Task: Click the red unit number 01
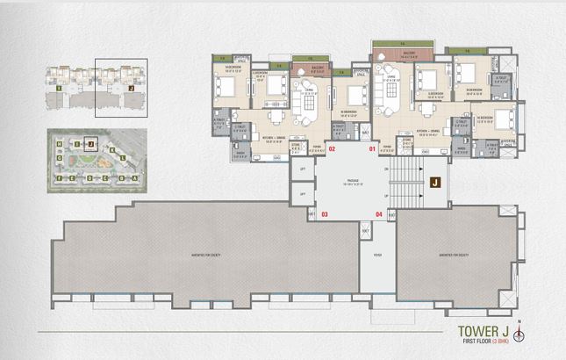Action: (372, 149)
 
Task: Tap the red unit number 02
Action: (332, 149)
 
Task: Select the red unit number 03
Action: (324, 213)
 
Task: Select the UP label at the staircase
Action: (386, 196)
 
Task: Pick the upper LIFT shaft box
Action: (302, 169)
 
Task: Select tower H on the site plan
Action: (59, 145)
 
